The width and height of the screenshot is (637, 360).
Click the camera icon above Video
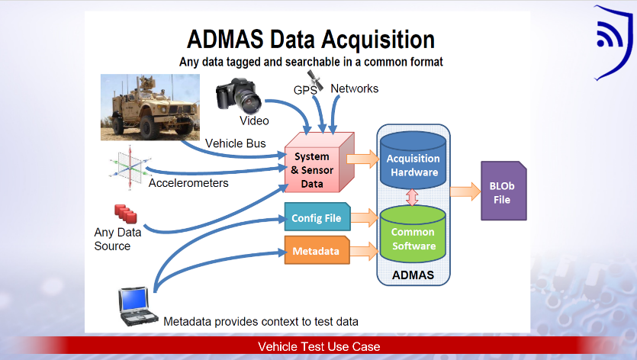[x=239, y=95]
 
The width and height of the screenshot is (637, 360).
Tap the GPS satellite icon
[x=315, y=79]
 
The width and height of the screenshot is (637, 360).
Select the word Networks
[x=354, y=88]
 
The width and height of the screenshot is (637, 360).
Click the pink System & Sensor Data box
[x=320, y=162]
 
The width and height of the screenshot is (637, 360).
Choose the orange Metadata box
[x=317, y=250]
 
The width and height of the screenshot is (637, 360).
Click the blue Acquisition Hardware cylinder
[x=413, y=160]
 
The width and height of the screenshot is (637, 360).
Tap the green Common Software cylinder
[x=413, y=234]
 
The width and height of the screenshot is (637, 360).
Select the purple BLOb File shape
[x=503, y=191]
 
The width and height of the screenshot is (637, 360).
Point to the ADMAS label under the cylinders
[x=413, y=275]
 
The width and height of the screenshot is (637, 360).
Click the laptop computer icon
[x=137, y=307]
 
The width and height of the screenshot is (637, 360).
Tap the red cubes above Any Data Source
[x=126, y=214]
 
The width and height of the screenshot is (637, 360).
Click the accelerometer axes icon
[x=130, y=167]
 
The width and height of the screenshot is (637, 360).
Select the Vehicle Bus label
[x=236, y=143]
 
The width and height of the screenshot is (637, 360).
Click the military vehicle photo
[x=150, y=108]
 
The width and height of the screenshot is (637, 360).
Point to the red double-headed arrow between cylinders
[x=413, y=198]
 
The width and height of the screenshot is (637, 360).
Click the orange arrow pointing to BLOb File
[x=465, y=191]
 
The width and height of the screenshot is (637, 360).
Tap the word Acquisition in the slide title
[x=378, y=40]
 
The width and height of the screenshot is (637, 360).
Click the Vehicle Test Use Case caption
[x=319, y=346]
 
